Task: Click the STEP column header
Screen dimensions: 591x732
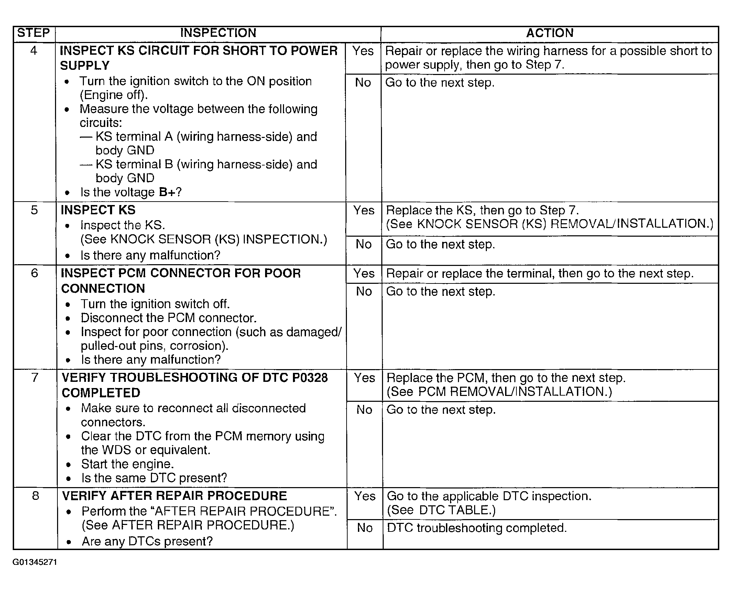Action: click(34, 33)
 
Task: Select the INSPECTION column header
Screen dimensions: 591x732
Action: click(218, 33)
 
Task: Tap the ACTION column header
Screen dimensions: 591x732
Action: click(549, 33)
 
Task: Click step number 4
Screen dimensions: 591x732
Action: click(34, 51)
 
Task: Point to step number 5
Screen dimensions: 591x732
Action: click(34, 210)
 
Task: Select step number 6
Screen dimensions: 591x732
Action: click(34, 273)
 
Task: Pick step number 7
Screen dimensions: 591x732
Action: click(35, 378)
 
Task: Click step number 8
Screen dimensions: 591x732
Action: click(35, 496)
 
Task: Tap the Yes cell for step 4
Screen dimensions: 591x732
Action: click(363, 51)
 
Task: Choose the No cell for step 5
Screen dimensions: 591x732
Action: click(363, 244)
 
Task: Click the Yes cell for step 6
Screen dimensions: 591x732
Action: click(364, 273)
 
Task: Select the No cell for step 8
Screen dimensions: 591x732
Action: click(364, 528)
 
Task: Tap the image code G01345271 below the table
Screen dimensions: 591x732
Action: click(35, 562)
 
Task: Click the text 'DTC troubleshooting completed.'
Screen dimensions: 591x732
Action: click(477, 528)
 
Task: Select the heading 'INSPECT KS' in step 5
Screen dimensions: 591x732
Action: click(98, 210)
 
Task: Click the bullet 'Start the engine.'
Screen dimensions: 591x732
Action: click(127, 464)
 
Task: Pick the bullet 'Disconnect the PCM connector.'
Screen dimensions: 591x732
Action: click(168, 318)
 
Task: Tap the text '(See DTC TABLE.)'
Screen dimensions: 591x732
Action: click(441, 510)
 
